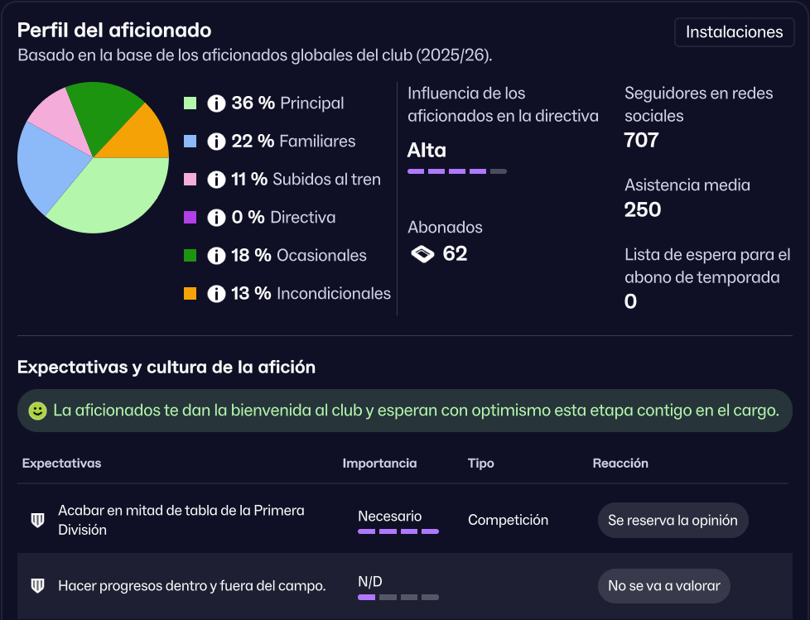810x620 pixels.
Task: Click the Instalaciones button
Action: click(x=735, y=32)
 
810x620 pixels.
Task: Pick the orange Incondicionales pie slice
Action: click(x=141, y=135)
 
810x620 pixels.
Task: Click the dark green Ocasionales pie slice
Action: click(x=104, y=108)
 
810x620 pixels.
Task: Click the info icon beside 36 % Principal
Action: click(x=216, y=103)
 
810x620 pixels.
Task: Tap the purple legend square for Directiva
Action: click(x=190, y=218)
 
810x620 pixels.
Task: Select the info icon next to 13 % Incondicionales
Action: click(x=216, y=294)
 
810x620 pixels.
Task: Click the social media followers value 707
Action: click(x=641, y=140)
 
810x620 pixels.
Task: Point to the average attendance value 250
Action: click(x=643, y=209)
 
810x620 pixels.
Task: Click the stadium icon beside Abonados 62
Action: click(x=422, y=254)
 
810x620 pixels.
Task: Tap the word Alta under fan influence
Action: click(x=427, y=151)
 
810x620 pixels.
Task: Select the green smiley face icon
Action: click(x=37, y=411)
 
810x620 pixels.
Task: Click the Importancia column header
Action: click(x=379, y=464)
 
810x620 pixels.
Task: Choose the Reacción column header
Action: click(x=620, y=464)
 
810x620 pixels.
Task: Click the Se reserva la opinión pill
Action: click(x=673, y=521)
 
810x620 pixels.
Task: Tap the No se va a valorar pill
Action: click(x=663, y=586)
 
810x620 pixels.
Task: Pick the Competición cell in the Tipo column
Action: click(x=508, y=520)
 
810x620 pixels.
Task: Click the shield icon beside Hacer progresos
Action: click(x=37, y=586)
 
